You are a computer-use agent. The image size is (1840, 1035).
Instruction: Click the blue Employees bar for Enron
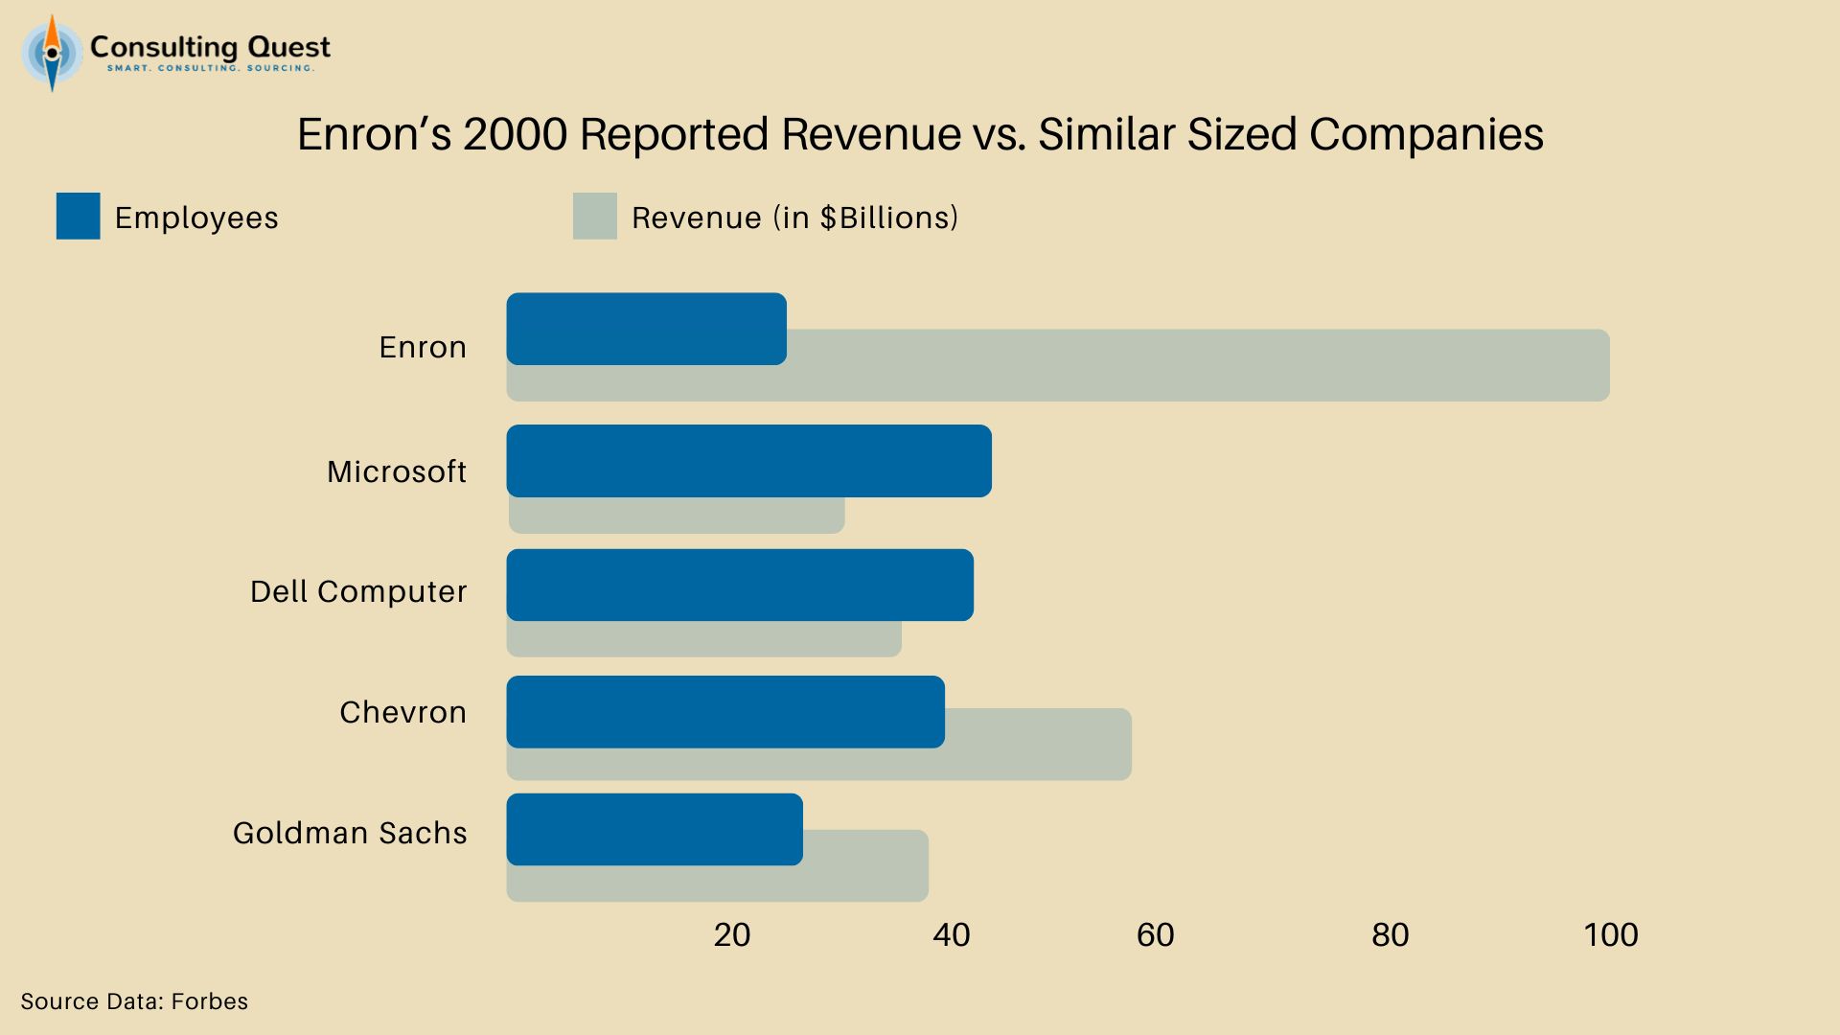point(646,329)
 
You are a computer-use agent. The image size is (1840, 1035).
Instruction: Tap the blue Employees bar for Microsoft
point(748,461)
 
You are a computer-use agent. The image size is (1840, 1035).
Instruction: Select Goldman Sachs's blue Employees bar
point(655,829)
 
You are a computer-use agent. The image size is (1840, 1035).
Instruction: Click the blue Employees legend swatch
point(78,216)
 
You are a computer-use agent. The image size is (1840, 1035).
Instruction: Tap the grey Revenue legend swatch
point(594,216)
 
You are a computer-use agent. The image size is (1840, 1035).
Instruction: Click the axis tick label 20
point(732,934)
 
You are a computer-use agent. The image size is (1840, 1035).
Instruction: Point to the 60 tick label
point(1155,934)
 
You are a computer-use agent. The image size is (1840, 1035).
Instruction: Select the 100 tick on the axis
point(1610,934)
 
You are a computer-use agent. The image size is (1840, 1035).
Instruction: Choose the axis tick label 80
point(1390,934)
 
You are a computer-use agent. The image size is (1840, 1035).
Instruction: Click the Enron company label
point(423,347)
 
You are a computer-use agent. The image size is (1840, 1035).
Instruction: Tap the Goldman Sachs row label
point(350,833)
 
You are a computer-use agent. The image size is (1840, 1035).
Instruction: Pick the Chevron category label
point(402,712)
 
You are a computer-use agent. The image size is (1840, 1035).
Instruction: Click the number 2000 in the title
point(515,134)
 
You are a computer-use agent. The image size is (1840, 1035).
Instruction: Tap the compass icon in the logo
point(52,54)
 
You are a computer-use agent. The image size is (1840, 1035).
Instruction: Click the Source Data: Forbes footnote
point(134,1001)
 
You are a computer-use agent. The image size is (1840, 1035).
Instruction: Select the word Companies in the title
point(1426,134)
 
